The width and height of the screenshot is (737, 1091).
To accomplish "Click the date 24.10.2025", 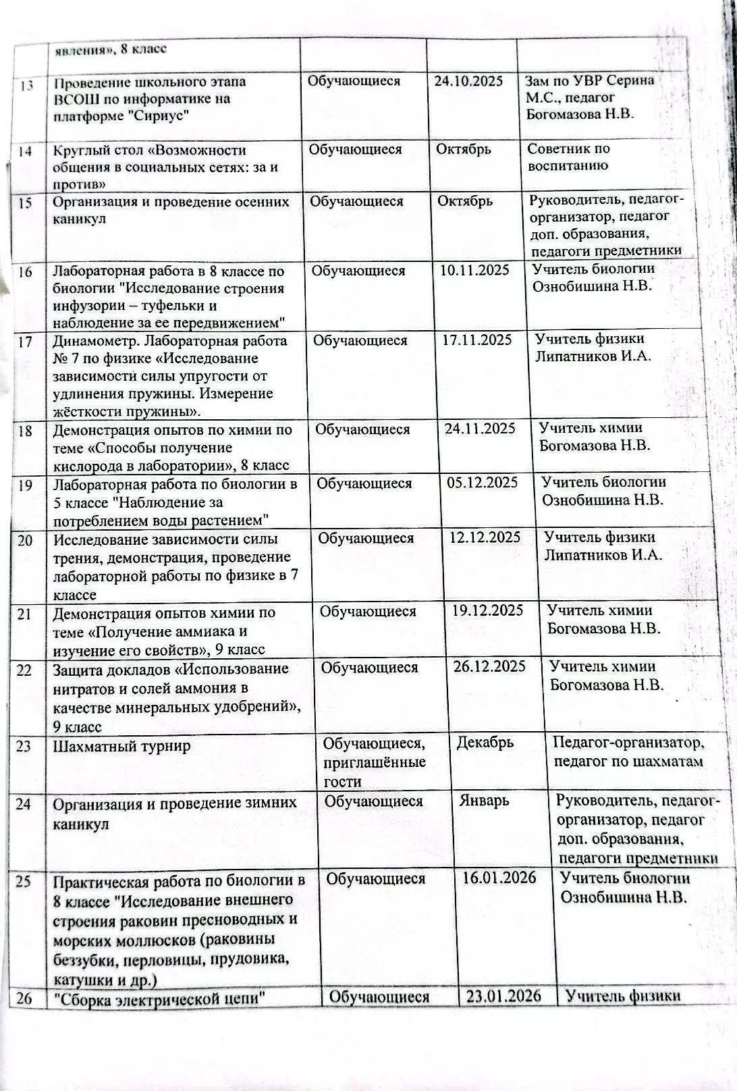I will (x=468, y=81).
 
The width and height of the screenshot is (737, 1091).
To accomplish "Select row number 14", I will (x=25, y=151).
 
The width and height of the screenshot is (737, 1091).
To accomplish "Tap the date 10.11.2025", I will (x=474, y=270).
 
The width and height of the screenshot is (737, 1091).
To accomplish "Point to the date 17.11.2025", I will (x=477, y=340).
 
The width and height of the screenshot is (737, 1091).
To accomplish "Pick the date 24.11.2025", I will (x=480, y=428).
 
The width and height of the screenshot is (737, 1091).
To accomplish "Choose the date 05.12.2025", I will (x=483, y=482).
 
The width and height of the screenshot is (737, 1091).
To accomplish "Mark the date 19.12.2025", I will (x=487, y=610).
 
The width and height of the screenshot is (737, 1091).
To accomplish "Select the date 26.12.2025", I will (x=489, y=666).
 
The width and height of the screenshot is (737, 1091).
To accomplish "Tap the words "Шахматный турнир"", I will (x=121, y=746).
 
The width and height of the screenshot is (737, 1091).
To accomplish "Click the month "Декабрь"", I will (x=485, y=743).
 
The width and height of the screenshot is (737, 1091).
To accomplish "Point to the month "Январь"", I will (x=484, y=801).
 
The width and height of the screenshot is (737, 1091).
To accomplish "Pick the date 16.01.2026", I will (x=499, y=877).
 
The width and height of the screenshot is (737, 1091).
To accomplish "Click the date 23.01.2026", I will (x=503, y=996).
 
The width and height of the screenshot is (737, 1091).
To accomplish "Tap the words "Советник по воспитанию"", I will (x=568, y=157).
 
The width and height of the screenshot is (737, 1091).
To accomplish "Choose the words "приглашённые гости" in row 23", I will (x=374, y=772).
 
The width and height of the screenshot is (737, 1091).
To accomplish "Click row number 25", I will (x=24, y=881).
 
